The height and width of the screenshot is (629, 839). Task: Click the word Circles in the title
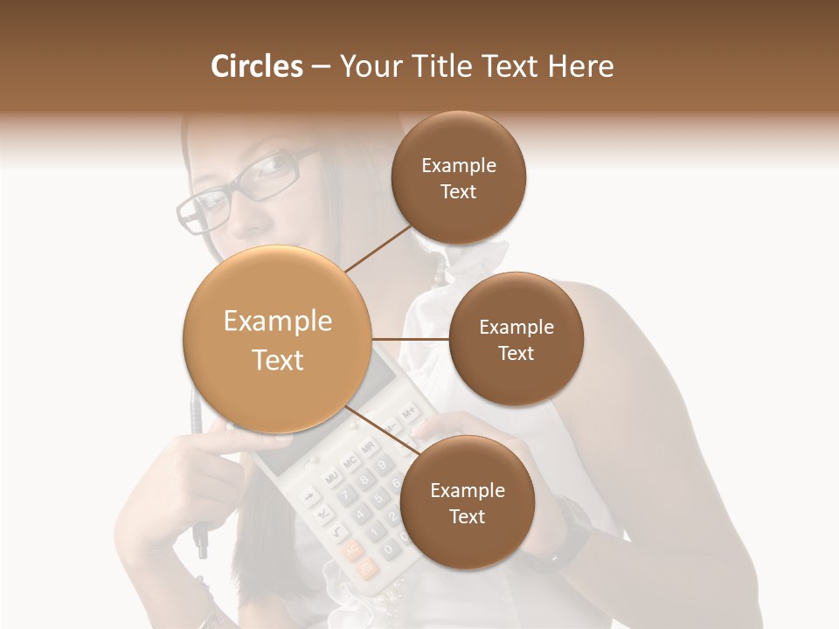[x=256, y=66]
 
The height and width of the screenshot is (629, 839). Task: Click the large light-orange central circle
[x=277, y=339]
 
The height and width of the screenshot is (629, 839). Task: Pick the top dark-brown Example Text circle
[x=458, y=177]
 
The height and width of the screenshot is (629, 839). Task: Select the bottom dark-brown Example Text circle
[x=467, y=502]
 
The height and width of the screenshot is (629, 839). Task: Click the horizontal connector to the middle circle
[x=410, y=339]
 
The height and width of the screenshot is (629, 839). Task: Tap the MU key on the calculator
[x=331, y=478]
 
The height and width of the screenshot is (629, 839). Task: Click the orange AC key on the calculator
[x=353, y=551]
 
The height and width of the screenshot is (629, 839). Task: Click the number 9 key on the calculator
[x=382, y=466]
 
